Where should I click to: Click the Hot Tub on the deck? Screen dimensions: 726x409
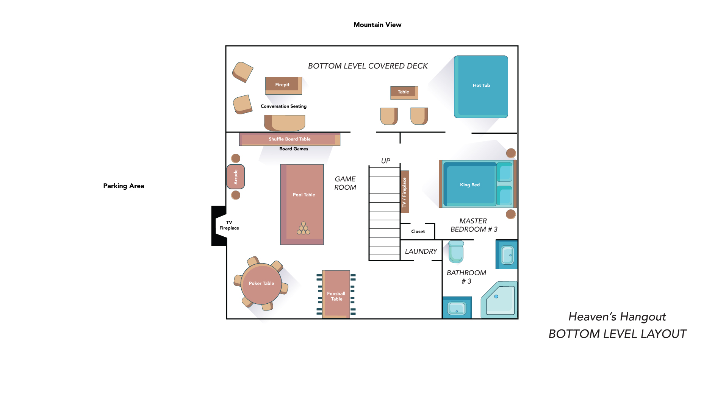pyautogui.click(x=481, y=87)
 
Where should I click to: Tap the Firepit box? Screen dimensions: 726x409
pyautogui.click(x=283, y=86)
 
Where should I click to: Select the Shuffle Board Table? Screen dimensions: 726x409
pyautogui.click(x=289, y=139)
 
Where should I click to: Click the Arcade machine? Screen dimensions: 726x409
pyautogui.click(x=236, y=176)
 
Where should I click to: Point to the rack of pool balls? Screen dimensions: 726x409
pyautogui.click(x=304, y=228)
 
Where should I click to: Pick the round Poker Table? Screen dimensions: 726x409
pyautogui.click(x=261, y=284)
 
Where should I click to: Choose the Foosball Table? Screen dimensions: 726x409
pyautogui.click(x=336, y=294)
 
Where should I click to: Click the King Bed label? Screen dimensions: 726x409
pyautogui.click(x=470, y=185)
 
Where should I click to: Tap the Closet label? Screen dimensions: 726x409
pyautogui.click(x=418, y=231)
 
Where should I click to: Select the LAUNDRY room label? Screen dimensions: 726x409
pyautogui.click(x=421, y=251)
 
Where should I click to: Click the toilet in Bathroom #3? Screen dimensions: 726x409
pyautogui.click(x=456, y=251)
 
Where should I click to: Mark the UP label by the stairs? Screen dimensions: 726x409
pyautogui.click(x=386, y=161)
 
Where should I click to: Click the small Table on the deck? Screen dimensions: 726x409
pyautogui.click(x=404, y=92)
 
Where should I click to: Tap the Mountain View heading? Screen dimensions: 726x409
pyautogui.click(x=377, y=25)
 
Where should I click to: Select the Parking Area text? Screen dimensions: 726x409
pyautogui.click(x=124, y=186)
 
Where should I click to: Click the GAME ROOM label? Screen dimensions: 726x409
pyautogui.click(x=345, y=183)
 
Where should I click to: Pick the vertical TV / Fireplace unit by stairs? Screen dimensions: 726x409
pyautogui.click(x=405, y=192)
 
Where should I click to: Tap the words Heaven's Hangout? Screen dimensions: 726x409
pyautogui.click(x=617, y=317)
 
